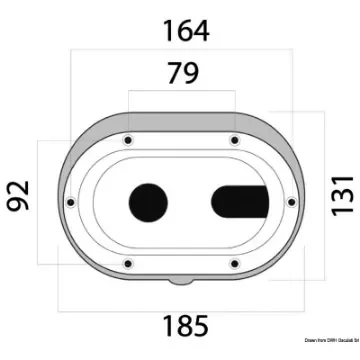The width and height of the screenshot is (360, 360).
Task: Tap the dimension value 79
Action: (181, 72)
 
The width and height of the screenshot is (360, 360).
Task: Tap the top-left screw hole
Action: (130, 138)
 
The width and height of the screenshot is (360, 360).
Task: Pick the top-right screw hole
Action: (233, 138)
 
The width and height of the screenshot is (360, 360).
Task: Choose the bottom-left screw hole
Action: (130, 264)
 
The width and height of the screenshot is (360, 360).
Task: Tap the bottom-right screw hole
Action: (233, 264)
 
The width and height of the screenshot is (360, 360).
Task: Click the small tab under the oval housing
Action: (181, 283)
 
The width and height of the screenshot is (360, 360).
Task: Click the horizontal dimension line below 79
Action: (181, 91)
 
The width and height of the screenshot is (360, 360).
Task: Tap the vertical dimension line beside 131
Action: (322, 190)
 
